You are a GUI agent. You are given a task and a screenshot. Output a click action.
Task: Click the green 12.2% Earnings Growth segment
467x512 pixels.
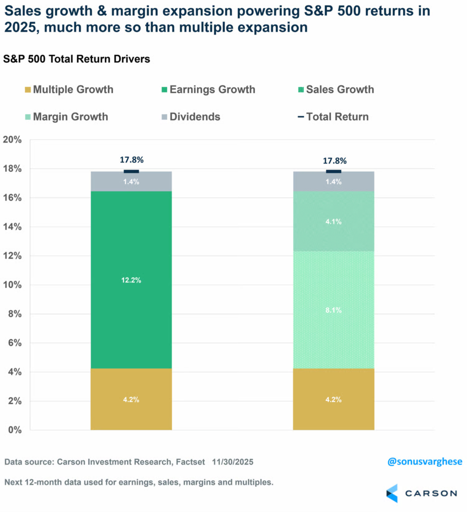point(131,280)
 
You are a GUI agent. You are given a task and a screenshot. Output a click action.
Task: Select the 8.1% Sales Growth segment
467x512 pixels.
point(333,310)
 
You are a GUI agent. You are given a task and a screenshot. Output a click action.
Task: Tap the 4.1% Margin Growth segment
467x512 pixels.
point(333,221)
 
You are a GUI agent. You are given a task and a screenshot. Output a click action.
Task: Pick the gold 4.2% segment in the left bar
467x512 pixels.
point(131,399)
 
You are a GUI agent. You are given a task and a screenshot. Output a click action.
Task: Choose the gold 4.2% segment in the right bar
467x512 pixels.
point(333,399)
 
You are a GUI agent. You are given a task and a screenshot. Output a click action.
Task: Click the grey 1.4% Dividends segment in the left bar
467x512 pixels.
point(131,182)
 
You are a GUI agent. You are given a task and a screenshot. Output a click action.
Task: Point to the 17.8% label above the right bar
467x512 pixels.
point(333,160)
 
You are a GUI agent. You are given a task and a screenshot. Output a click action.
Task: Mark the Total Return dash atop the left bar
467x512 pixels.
point(131,171)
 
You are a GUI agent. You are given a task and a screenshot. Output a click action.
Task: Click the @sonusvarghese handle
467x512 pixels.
point(425,461)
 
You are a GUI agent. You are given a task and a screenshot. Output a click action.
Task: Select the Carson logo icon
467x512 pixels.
point(392,493)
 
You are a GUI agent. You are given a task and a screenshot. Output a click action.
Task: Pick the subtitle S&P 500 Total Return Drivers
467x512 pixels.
point(77,59)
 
